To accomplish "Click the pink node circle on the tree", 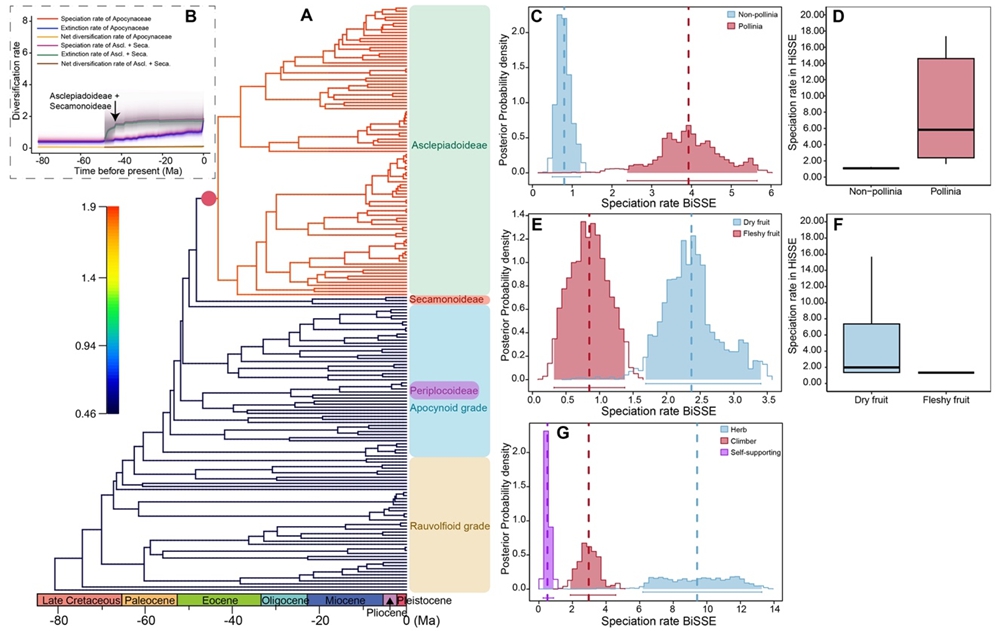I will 208,199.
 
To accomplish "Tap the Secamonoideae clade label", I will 446,299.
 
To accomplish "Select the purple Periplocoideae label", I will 444,389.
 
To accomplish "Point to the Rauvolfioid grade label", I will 447,524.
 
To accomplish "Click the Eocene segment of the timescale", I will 218,600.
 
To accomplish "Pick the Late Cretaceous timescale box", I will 79,600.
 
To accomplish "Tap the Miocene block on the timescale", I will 344,600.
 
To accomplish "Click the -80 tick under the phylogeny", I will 58,621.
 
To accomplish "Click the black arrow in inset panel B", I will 114,116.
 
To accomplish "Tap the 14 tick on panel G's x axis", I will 773,608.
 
